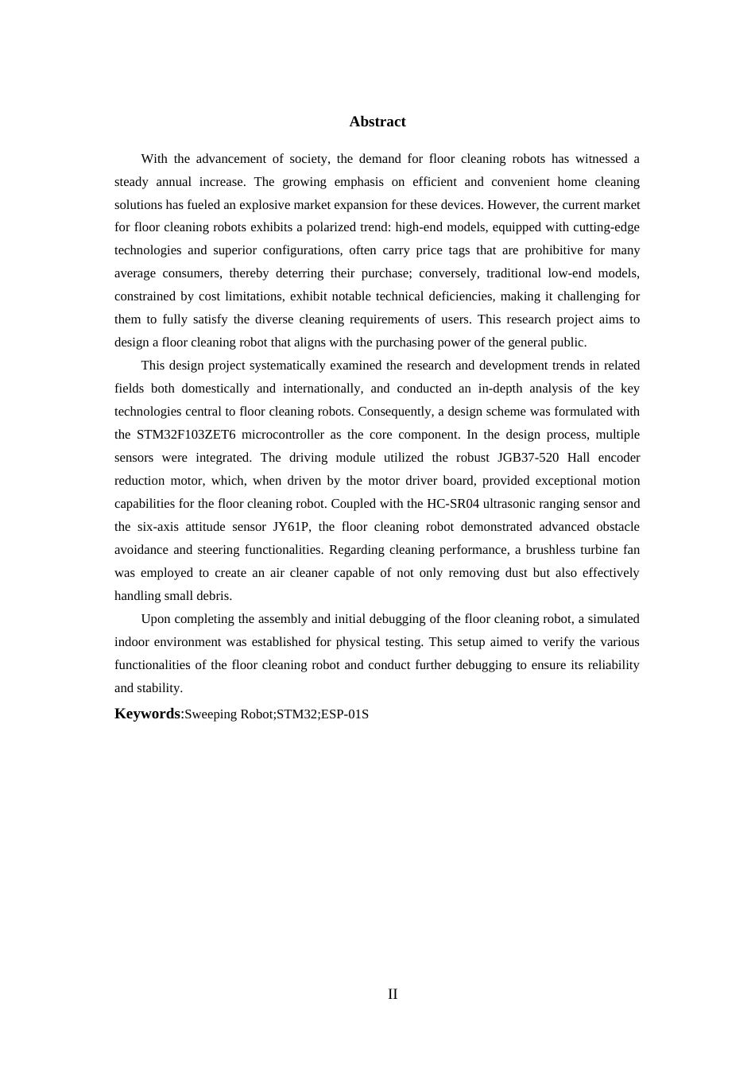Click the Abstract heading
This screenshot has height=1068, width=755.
[377, 122]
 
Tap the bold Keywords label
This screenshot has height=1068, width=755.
[147, 714]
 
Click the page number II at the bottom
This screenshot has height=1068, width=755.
[393, 994]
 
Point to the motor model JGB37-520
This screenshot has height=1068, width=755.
[527, 458]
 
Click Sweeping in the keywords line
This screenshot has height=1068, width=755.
[209, 714]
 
